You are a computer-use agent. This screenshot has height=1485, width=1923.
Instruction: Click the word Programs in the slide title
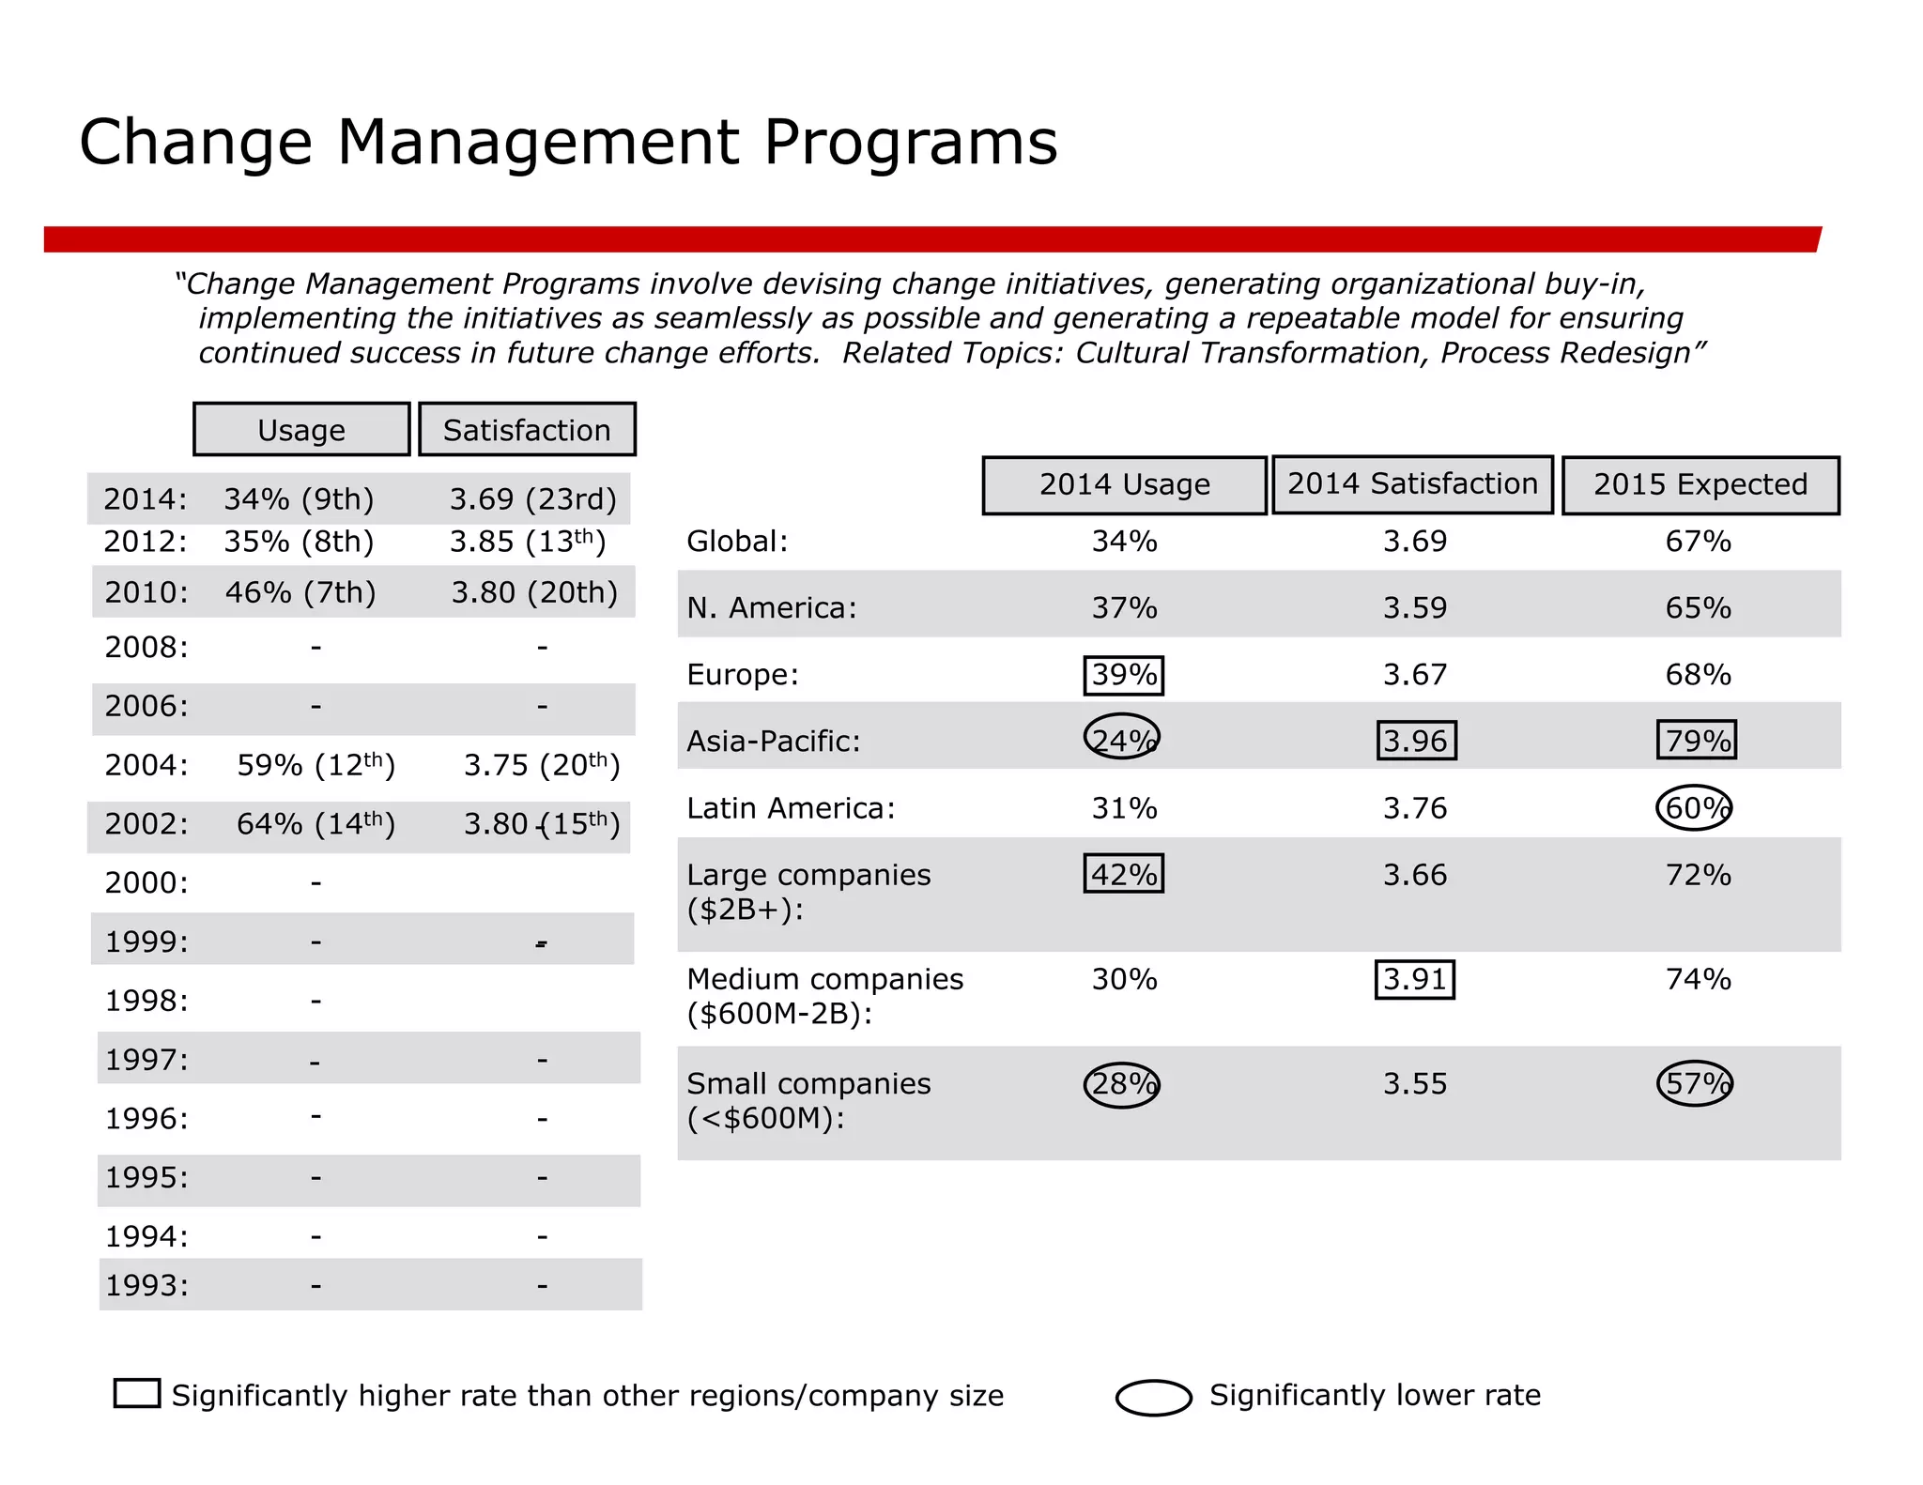click(910, 144)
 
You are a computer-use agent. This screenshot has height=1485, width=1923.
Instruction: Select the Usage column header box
click(301, 430)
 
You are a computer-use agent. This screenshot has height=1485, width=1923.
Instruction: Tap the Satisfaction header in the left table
click(527, 430)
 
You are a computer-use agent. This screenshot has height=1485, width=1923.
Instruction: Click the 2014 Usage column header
click(1124, 484)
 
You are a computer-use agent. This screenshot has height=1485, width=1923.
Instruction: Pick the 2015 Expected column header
click(1700, 484)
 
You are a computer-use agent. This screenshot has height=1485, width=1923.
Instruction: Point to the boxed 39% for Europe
click(1124, 675)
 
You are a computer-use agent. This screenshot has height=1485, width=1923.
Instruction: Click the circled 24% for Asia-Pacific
click(1122, 740)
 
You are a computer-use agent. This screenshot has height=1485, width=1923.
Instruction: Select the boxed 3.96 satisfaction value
click(1416, 741)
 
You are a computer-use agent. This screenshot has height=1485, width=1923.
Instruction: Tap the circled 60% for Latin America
click(1694, 807)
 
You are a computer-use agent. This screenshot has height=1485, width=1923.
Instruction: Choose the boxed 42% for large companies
click(1124, 874)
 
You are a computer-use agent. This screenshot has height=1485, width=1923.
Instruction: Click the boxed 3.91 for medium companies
click(1415, 979)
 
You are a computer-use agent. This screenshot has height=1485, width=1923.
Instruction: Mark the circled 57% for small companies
click(1695, 1083)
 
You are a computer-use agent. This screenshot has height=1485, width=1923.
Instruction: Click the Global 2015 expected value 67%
click(1698, 542)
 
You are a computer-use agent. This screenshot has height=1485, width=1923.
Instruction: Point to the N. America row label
click(772, 608)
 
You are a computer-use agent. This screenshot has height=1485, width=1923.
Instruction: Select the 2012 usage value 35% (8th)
click(299, 542)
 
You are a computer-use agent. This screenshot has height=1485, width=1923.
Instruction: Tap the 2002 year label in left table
click(146, 824)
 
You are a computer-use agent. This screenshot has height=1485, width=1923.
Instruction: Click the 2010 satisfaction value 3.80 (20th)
click(534, 592)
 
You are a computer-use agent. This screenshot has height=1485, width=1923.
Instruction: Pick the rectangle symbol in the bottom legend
click(137, 1393)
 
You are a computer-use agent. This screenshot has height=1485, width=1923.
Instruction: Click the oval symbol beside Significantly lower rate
click(1154, 1398)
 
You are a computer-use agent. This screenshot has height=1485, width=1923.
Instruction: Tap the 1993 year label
click(146, 1285)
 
